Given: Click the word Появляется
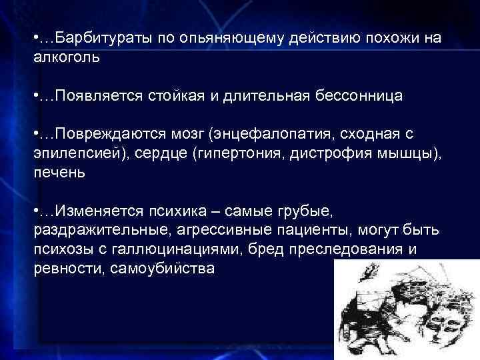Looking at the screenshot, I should pos(95,96).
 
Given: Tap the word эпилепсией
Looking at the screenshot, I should pos(73,153).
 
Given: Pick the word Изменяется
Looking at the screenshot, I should pos(96,211).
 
